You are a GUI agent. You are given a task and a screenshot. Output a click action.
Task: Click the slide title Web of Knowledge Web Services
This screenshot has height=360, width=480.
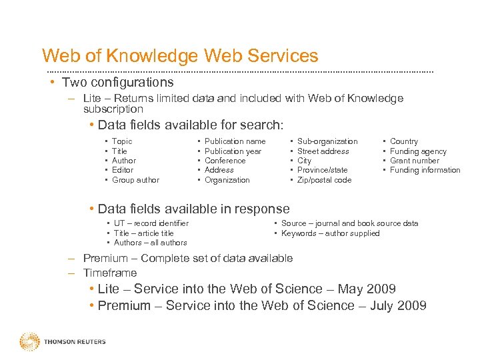(x=180, y=56)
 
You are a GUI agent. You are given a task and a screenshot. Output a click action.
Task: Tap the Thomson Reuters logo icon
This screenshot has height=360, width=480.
(x=29, y=341)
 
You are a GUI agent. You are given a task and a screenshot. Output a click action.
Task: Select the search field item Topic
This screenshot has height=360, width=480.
(x=122, y=141)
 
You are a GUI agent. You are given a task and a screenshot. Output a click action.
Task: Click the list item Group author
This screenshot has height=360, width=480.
(x=135, y=180)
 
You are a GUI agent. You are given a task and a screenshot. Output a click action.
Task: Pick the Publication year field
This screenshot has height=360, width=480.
(x=233, y=151)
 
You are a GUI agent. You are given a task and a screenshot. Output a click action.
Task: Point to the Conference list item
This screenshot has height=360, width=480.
(x=225, y=161)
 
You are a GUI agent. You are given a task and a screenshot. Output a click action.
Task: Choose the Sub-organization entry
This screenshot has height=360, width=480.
(x=327, y=141)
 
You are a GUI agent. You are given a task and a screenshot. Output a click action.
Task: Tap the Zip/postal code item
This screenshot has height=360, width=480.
(x=324, y=180)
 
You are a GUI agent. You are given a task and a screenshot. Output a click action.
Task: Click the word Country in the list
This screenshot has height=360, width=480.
(x=404, y=141)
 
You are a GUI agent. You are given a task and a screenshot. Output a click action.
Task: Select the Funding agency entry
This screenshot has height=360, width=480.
(x=418, y=151)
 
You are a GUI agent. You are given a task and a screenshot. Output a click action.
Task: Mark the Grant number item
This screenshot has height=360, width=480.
(x=415, y=161)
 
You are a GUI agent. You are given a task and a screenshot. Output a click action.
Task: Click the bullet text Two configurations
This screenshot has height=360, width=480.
(x=117, y=83)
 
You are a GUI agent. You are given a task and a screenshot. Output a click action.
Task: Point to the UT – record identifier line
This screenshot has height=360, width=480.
(x=151, y=223)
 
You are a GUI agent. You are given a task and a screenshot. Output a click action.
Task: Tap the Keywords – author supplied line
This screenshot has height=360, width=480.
(x=330, y=233)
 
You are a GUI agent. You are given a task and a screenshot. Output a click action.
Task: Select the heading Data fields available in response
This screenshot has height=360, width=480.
(x=193, y=209)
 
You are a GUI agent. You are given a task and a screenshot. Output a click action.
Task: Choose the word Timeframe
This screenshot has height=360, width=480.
(x=110, y=273)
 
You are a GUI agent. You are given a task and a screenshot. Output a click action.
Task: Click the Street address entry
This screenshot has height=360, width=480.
(x=323, y=151)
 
